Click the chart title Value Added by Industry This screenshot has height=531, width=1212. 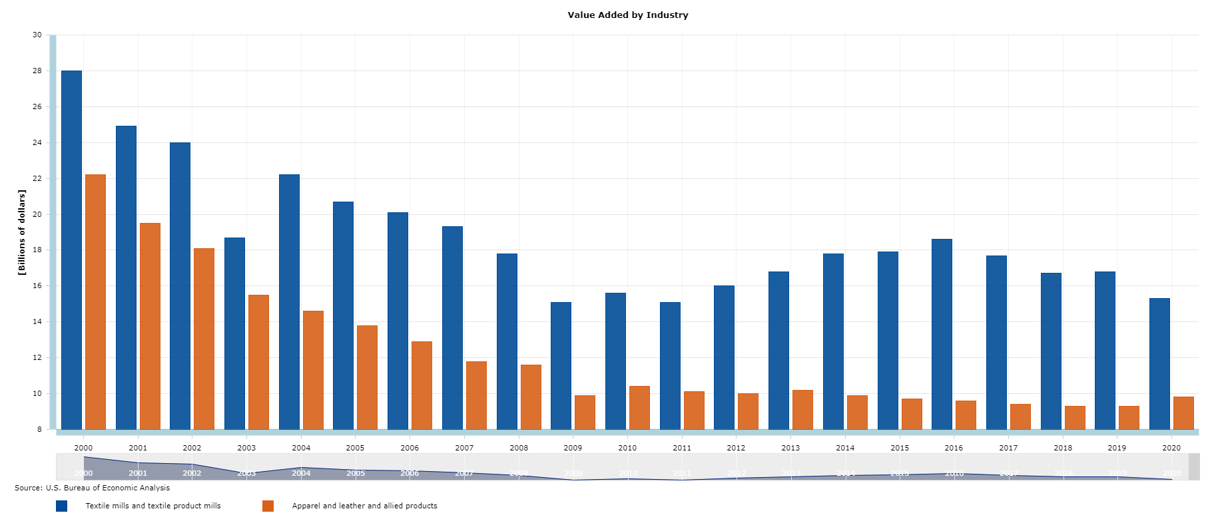(x=627, y=15)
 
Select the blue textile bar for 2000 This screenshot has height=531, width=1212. (x=71, y=250)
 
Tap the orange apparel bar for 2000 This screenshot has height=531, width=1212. (x=95, y=301)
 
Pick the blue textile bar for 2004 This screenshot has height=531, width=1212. (x=289, y=301)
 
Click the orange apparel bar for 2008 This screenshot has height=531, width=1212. (x=531, y=397)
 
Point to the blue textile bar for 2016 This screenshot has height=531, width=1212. (x=942, y=334)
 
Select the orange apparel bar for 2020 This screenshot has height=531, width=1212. (x=1183, y=413)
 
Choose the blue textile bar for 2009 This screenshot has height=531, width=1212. (x=561, y=365)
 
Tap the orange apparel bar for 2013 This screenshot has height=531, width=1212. (x=802, y=409)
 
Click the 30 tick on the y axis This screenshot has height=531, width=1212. (x=37, y=35)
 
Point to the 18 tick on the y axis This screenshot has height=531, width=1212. (x=37, y=250)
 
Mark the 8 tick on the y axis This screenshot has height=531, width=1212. (x=39, y=429)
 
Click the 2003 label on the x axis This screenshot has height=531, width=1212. (x=246, y=448)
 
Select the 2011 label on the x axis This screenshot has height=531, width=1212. (x=682, y=448)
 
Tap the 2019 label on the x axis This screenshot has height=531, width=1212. (x=1117, y=448)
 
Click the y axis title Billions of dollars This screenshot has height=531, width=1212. (x=21, y=232)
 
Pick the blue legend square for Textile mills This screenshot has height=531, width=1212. (x=62, y=506)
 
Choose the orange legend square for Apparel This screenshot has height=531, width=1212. (x=268, y=506)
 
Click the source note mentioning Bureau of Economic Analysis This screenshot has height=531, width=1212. (x=92, y=488)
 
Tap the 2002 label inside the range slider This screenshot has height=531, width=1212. (x=192, y=473)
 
